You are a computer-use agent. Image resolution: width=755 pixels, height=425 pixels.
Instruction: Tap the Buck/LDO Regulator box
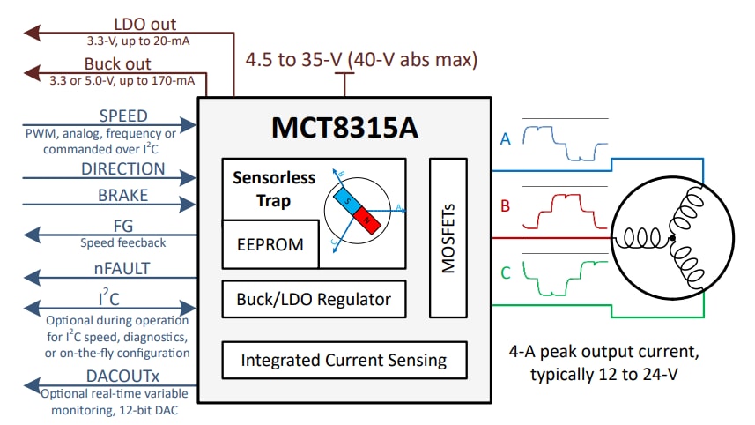tap(314, 300)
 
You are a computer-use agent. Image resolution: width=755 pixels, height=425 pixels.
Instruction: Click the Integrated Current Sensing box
tap(343, 360)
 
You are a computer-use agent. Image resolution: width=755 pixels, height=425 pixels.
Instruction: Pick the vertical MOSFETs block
tap(448, 237)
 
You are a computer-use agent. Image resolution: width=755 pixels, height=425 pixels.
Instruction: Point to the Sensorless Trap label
tap(273, 189)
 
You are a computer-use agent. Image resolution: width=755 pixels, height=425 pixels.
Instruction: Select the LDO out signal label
tap(144, 25)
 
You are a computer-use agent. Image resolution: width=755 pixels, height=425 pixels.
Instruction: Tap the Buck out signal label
tap(117, 64)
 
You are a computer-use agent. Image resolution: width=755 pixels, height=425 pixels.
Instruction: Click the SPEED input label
tap(123, 116)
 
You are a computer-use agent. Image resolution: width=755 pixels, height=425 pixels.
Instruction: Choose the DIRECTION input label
tap(123, 168)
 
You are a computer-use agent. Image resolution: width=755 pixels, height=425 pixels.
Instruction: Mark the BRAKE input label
tap(123, 196)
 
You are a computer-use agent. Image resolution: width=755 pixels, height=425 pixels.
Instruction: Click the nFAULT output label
tap(123, 268)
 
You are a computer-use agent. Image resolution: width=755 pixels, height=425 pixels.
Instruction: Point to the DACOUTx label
tap(123, 376)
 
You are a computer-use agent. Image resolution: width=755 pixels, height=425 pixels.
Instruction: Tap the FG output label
tap(123, 226)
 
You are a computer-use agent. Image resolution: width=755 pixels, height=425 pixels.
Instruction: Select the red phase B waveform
tap(564, 207)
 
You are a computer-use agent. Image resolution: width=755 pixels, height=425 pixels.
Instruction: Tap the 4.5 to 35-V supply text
tap(361, 61)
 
